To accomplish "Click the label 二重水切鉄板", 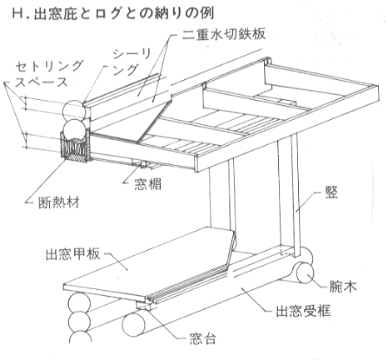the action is click(x=224, y=33).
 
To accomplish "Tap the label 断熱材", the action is click(x=59, y=202).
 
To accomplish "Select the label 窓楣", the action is click(x=148, y=184).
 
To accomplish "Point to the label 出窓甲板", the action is click(x=72, y=253).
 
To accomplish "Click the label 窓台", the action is click(x=203, y=338).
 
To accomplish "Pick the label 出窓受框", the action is click(x=303, y=311).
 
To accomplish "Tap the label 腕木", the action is click(x=343, y=287).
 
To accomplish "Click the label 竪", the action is click(x=331, y=192).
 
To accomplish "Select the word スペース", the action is click(x=42, y=82).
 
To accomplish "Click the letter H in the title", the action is click(x=18, y=14).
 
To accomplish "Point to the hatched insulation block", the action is click(x=76, y=147).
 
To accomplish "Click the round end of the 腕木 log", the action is click(x=306, y=272).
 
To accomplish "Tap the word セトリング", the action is click(x=49, y=67).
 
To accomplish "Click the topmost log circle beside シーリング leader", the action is click(x=73, y=110).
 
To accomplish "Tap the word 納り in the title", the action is click(x=166, y=13).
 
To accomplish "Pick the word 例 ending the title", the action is click(x=208, y=13).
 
